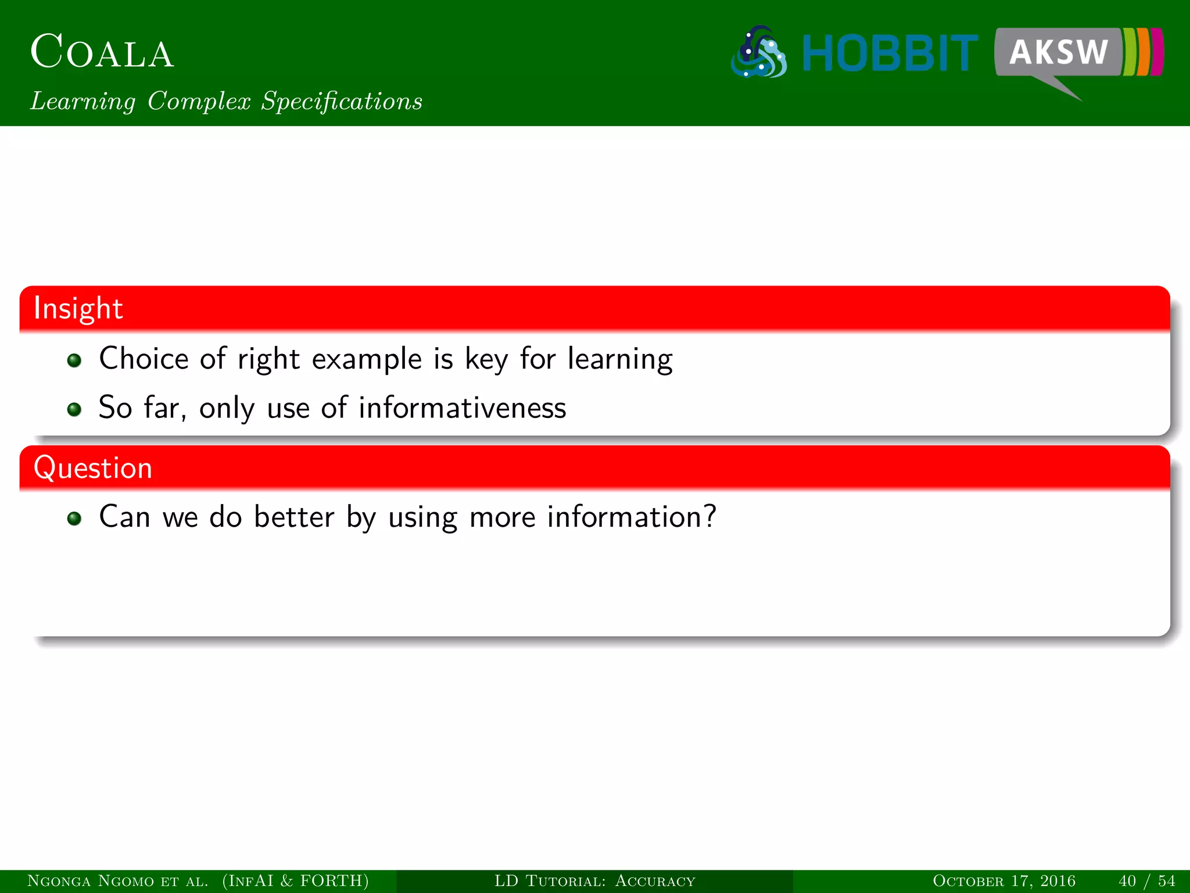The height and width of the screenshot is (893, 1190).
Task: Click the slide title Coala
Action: click(102, 52)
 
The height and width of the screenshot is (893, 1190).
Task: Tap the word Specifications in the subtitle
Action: click(342, 101)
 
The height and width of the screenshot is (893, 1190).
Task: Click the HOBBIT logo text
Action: click(890, 53)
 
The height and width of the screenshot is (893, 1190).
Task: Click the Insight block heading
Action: click(78, 308)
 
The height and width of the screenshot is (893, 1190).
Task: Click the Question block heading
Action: click(93, 468)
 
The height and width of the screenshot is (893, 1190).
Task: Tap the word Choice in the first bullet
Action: click(144, 358)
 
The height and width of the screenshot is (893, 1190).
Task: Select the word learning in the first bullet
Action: click(620, 359)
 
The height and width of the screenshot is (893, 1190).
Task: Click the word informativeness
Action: click(462, 408)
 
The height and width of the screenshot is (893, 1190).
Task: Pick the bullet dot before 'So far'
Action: click(74, 409)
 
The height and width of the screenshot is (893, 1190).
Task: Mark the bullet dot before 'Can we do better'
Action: click(74, 518)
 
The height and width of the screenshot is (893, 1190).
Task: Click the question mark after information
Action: click(709, 516)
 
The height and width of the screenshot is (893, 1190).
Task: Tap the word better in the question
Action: click(294, 517)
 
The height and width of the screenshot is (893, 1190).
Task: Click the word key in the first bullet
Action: click(486, 359)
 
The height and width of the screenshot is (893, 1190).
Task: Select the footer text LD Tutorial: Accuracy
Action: click(594, 881)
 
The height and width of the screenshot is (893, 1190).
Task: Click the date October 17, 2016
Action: click(1003, 881)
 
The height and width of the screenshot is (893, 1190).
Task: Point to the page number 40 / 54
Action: click(1146, 881)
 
